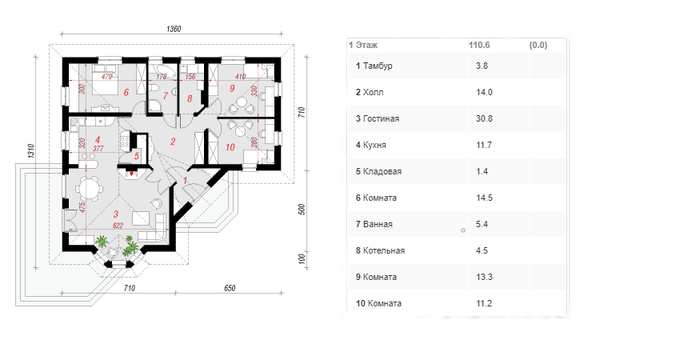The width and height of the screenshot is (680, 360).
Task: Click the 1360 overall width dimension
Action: (x=174, y=29)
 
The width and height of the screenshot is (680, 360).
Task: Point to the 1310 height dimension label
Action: (x=31, y=151)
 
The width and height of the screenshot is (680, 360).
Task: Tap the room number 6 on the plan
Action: (x=126, y=92)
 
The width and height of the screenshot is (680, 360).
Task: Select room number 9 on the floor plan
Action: (x=232, y=88)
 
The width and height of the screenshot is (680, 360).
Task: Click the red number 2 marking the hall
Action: (x=173, y=142)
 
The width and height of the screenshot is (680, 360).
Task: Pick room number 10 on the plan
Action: (x=230, y=147)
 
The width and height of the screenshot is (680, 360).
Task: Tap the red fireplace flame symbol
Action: (x=132, y=174)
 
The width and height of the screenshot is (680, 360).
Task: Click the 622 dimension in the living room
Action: (x=118, y=225)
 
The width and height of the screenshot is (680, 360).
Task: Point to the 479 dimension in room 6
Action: (x=106, y=76)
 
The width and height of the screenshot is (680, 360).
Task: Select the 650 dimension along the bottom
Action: (x=230, y=288)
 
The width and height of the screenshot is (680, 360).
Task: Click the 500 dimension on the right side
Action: (x=302, y=210)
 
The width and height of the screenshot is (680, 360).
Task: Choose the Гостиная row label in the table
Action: (x=381, y=118)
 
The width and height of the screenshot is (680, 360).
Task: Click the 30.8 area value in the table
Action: (x=484, y=118)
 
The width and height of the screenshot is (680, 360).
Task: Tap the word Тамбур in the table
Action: (x=378, y=66)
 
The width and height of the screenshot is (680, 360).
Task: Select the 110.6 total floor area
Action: (x=479, y=45)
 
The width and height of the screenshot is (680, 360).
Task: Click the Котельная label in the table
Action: (x=384, y=250)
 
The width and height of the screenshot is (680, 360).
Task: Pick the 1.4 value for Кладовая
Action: (x=482, y=171)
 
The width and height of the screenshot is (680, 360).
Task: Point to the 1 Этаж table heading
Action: (x=363, y=45)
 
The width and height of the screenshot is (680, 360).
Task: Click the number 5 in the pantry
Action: (x=137, y=156)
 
